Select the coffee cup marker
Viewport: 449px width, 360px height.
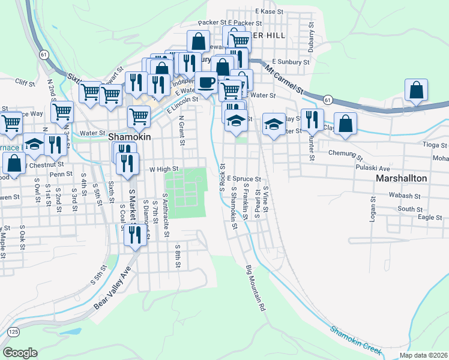coord(206,83)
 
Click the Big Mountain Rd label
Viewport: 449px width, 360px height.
coord(255,288)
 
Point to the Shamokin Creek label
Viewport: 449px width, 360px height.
coord(355,340)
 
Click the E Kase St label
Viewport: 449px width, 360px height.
coord(268,11)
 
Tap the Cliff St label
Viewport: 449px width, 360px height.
coord(26,82)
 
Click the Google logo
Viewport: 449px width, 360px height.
coord(20,353)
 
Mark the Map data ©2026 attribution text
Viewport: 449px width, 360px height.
coord(423,355)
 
